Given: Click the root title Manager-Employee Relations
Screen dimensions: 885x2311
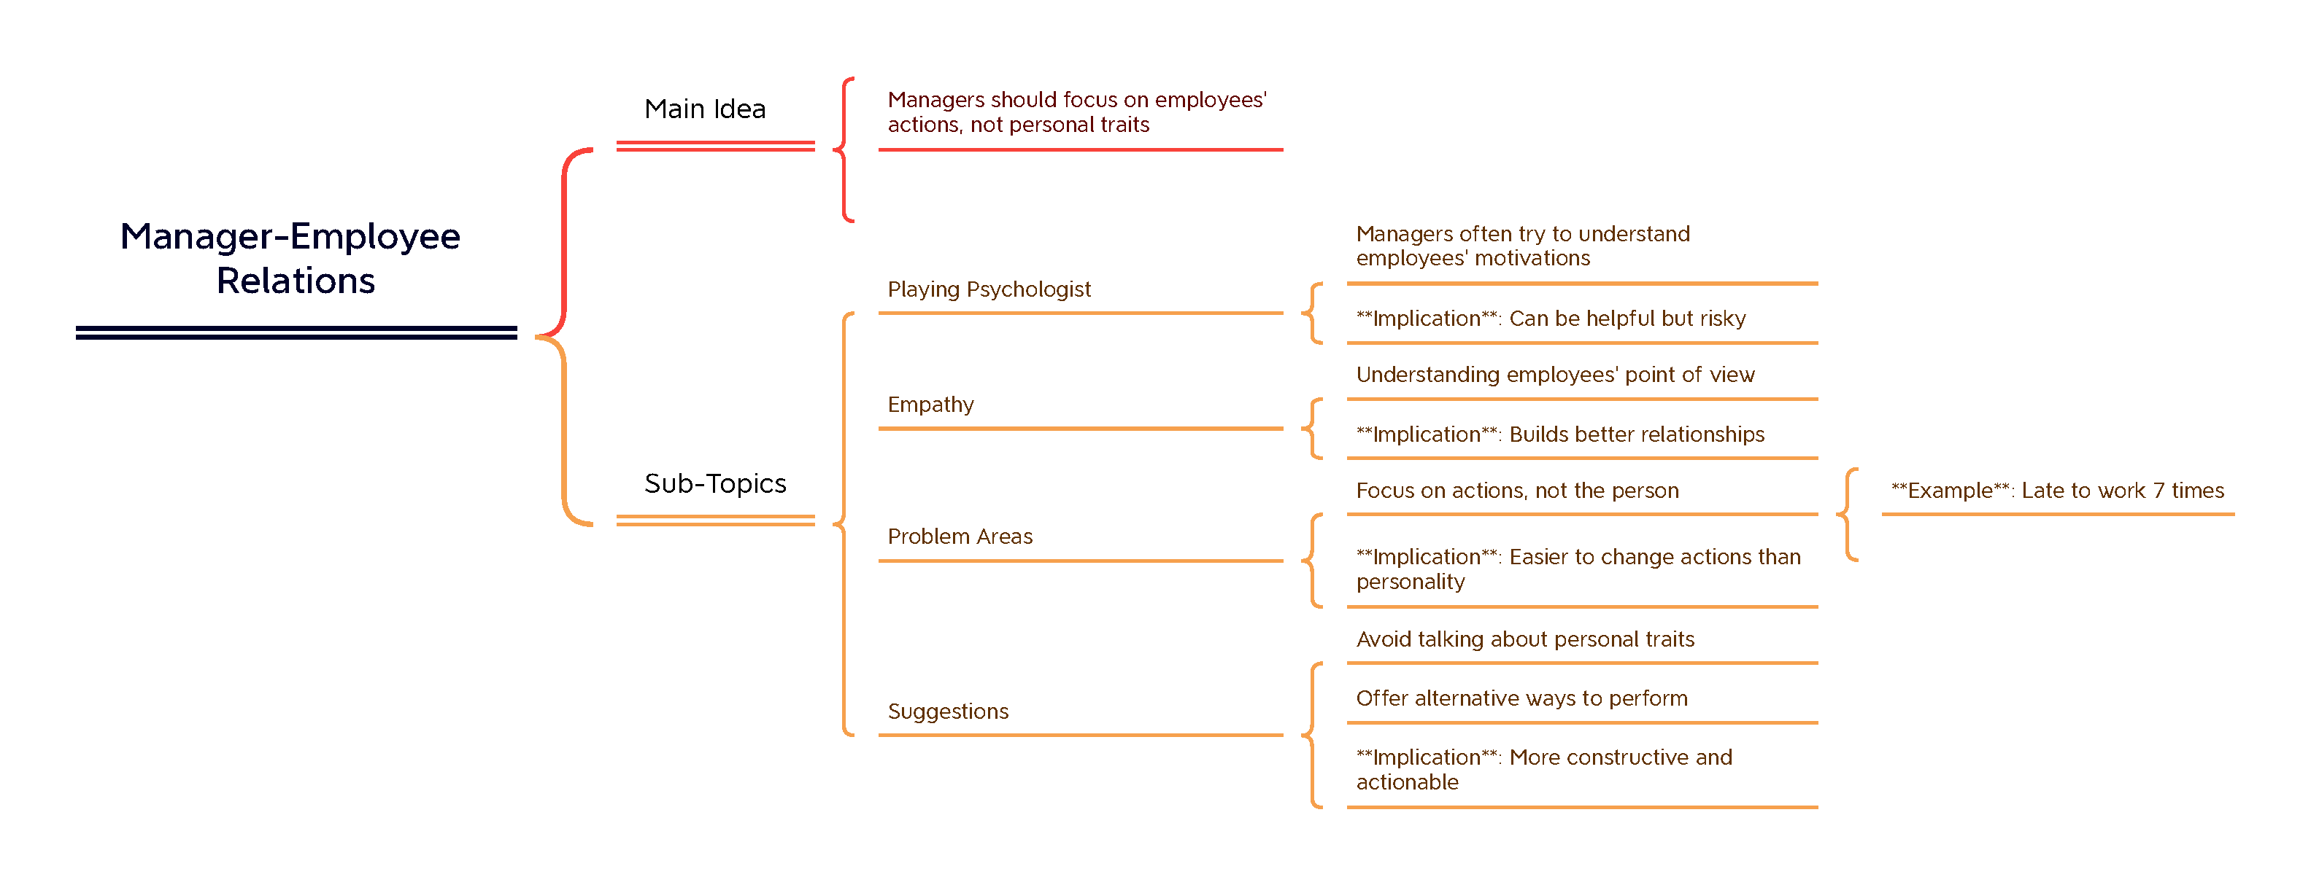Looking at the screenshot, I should [292, 258].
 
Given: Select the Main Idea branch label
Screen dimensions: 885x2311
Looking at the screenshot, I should [705, 109].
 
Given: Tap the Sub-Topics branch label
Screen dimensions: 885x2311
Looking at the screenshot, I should [715, 483].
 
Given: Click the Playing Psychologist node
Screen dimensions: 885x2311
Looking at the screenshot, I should [989, 289].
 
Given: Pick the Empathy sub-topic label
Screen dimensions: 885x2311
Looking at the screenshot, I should [930, 405].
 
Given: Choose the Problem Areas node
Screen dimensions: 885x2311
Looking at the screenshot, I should [960, 537].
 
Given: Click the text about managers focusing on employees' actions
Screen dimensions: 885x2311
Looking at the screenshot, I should [1076, 112].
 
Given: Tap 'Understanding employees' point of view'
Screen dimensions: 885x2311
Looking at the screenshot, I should [1555, 375].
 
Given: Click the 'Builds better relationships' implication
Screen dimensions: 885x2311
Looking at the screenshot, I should [1559, 435].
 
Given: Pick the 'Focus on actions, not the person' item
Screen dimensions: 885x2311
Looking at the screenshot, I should [1517, 491].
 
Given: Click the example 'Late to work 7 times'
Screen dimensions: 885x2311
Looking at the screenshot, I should [2057, 491].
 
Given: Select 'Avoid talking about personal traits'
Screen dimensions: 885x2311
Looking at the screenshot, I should [1525, 639].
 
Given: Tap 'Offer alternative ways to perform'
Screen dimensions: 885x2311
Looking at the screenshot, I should [1521, 698].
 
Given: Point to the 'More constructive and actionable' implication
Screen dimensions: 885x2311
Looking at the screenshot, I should [1543, 769].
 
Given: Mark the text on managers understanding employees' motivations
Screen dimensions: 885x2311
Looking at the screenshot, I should [1522, 246].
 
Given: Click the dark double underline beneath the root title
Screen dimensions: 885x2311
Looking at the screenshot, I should [296, 332].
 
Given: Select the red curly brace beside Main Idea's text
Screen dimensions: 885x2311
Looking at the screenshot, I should [844, 149].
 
